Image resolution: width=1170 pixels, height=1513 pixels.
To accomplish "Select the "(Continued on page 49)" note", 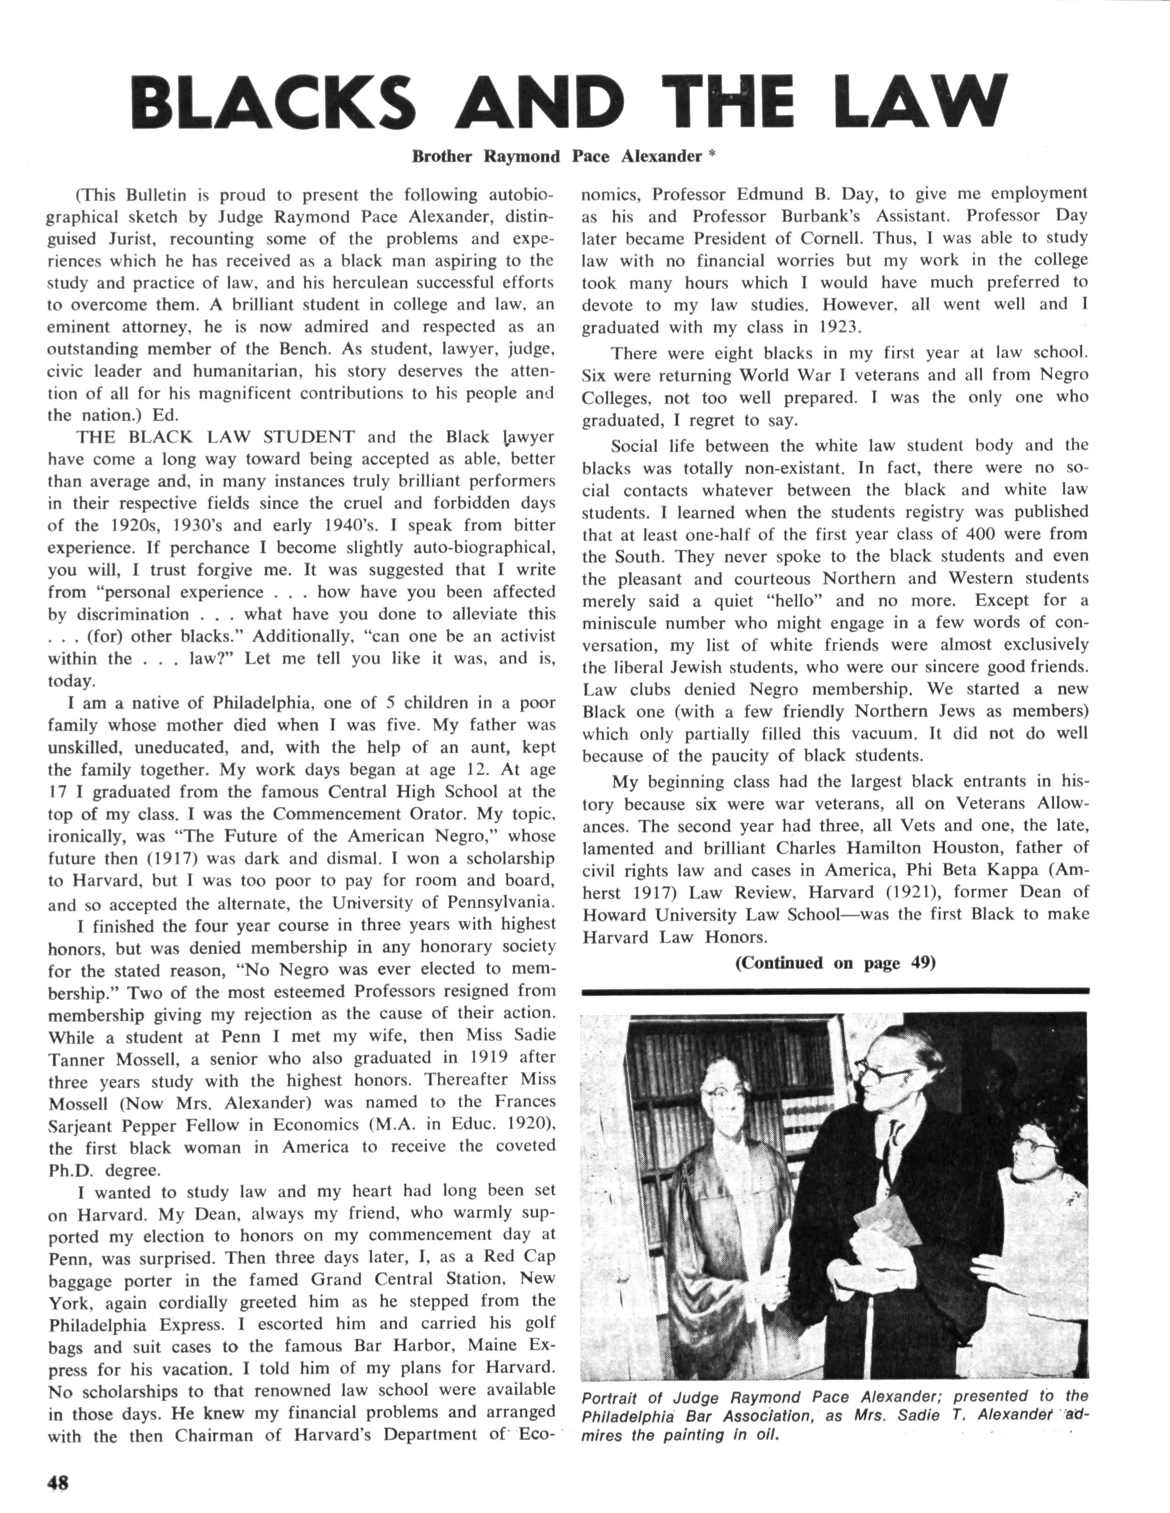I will (x=835, y=963).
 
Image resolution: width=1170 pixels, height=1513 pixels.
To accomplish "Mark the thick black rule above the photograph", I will (x=835, y=992).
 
